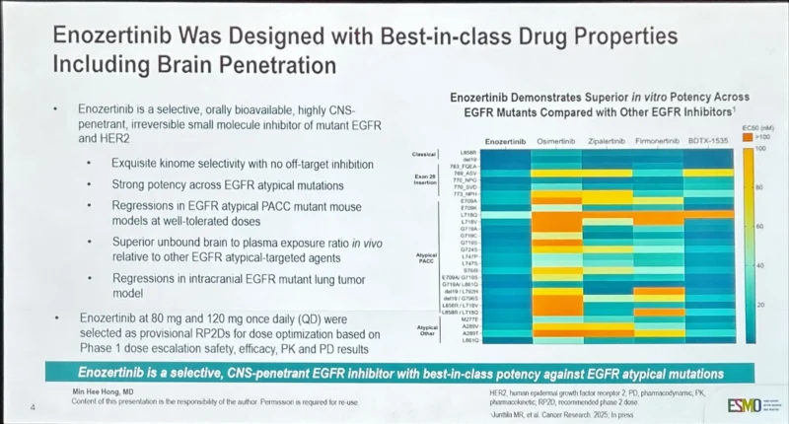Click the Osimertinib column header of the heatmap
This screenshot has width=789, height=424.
[x=555, y=142]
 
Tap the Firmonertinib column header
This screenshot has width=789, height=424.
[x=658, y=142]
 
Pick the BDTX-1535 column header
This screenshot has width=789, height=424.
[x=708, y=142]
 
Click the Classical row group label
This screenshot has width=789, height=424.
[x=426, y=155]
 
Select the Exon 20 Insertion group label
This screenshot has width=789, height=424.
[x=425, y=178]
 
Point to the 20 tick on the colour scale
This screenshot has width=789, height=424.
[x=760, y=306]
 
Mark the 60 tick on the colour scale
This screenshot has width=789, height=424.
[x=760, y=226]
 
